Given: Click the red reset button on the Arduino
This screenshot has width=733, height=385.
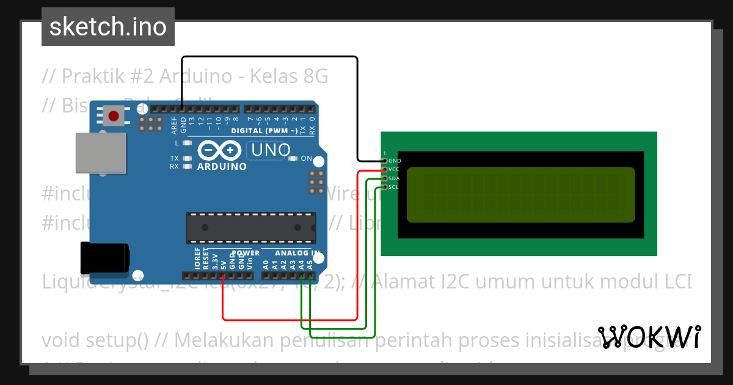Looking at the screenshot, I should pos(113,116).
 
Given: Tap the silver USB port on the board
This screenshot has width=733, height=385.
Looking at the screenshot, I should pos(101,153).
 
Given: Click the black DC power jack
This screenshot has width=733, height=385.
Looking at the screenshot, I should pos(104,258).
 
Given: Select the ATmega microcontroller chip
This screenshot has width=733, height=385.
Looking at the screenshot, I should pos(251,228).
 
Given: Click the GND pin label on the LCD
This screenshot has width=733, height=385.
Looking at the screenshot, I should pos(395,161).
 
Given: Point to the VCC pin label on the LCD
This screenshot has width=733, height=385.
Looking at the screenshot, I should pos(395,169).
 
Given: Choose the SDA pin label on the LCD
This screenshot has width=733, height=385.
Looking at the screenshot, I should pos(395,178).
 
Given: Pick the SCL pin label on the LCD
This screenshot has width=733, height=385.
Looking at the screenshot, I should pos(394,187).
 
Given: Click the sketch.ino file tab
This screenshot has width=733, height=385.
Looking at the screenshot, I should pos(108,27).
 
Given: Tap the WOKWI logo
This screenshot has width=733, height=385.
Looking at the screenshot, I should pos(649,337).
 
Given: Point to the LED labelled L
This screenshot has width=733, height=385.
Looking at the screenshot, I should pos(187,143).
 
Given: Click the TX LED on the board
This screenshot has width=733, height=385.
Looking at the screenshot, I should pos(187,158).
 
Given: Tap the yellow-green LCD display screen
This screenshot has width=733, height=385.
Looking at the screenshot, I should pos(520,195).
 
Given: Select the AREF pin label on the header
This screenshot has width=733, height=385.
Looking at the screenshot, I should pos(174,126).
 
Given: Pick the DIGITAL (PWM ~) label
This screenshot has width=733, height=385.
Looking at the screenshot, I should pos(264,131).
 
